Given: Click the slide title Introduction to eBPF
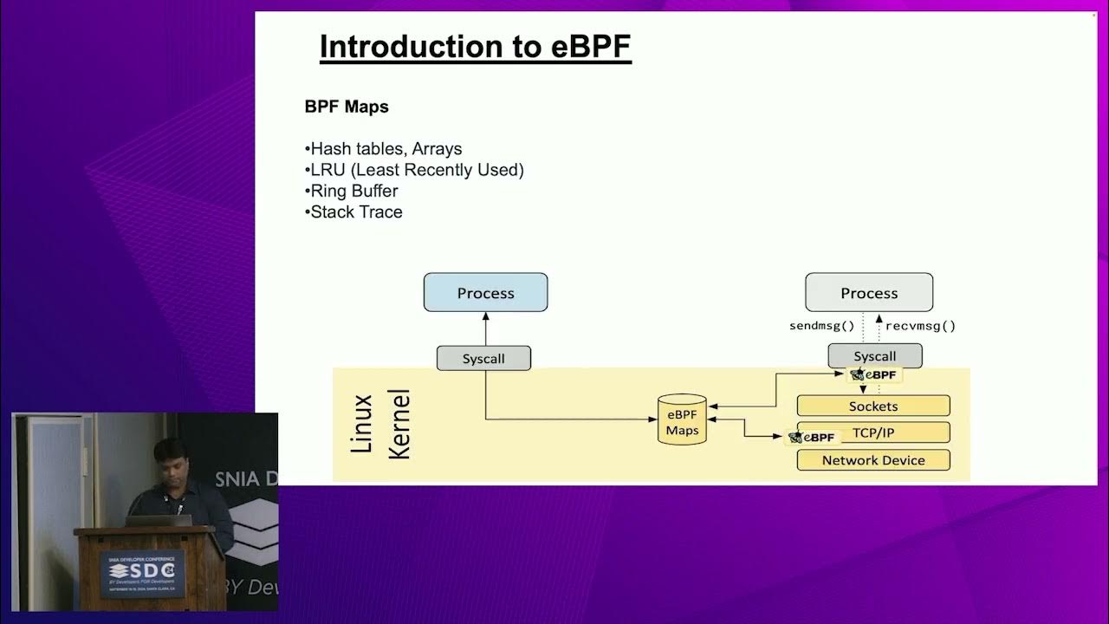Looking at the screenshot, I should [475, 47].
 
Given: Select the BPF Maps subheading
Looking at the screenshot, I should [347, 107].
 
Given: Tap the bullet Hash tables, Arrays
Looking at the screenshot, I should [384, 149].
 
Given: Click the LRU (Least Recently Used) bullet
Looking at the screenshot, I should [414, 170].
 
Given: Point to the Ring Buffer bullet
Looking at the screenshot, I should [352, 191].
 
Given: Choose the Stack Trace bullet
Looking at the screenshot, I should [353, 211].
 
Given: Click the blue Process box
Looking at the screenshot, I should [485, 293].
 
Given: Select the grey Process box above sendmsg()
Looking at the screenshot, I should [869, 293].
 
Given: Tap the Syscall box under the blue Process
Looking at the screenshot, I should [483, 358].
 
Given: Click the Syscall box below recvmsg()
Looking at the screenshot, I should [874, 356].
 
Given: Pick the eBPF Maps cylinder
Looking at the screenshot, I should [682, 421].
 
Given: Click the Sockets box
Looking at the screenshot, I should [872, 406].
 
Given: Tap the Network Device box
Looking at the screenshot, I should [872, 460].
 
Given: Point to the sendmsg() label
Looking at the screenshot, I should [821, 327].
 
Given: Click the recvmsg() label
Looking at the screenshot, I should [920, 327].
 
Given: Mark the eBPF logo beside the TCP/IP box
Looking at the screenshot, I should [812, 438].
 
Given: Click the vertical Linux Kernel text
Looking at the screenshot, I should [379, 424].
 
